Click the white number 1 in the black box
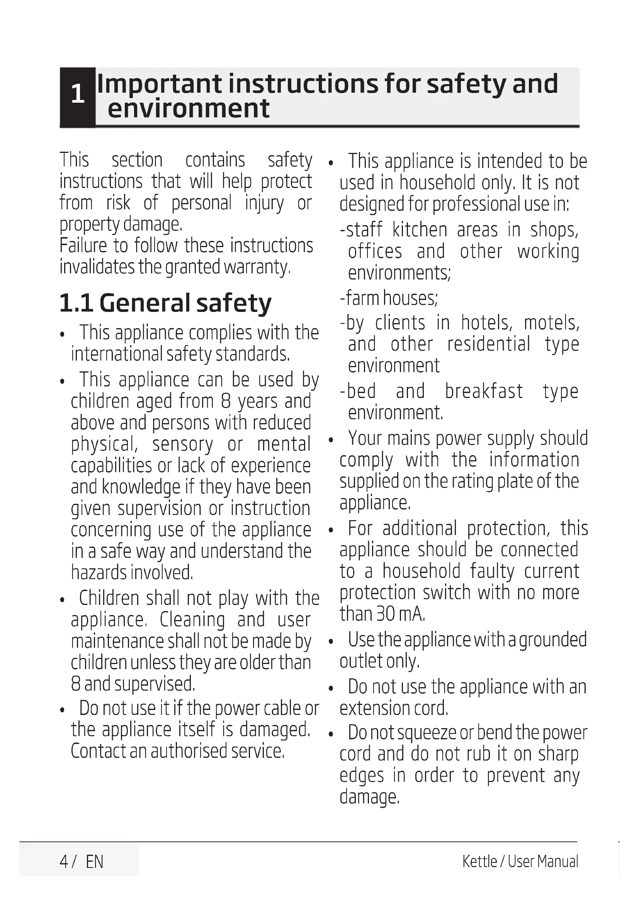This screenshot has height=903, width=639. tap(78, 94)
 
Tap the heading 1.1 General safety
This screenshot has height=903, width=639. tap(165, 303)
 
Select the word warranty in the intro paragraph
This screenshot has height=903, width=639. tap(257, 267)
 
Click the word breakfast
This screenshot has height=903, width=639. tap(484, 391)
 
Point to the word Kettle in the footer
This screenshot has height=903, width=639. tap(480, 861)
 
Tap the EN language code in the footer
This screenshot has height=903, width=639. tap(94, 862)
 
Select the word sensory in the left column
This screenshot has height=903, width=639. tap(183, 444)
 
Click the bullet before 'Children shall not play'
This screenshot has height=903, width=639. tap(62, 600)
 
